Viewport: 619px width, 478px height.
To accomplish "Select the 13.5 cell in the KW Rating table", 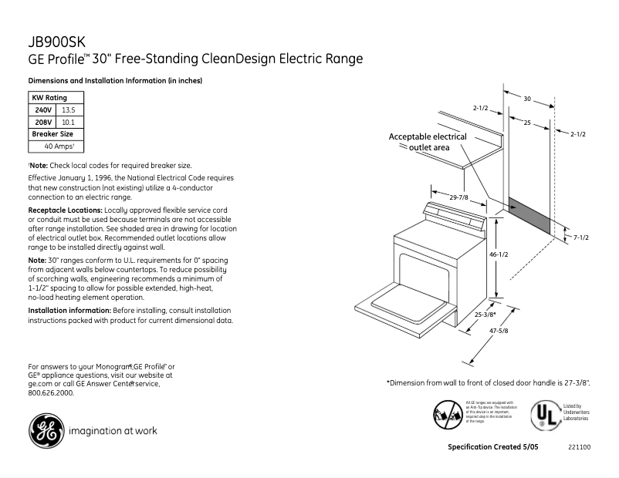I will (x=68, y=110).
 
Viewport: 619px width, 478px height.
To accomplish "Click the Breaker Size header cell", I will (x=52, y=133).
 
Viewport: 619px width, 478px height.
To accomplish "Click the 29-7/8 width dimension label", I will (x=461, y=197).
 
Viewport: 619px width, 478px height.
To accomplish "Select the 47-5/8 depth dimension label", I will (x=498, y=330).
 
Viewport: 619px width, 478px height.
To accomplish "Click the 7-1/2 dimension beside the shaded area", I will (x=580, y=237).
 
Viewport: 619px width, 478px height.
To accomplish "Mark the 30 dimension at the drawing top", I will (x=527, y=99).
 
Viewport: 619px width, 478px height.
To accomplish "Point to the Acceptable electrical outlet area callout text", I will (x=428, y=142).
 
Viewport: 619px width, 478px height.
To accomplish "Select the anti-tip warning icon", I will (x=448, y=414).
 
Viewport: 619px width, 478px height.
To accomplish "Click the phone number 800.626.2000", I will (x=51, y=392).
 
